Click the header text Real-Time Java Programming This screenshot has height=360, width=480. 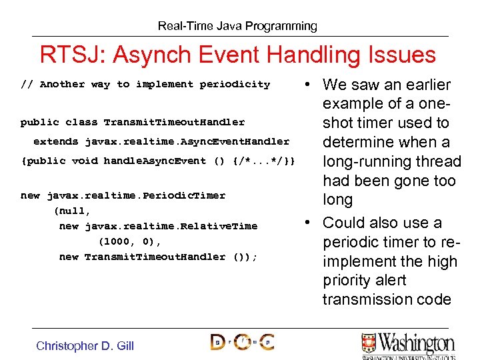237,26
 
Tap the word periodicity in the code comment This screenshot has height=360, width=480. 235,85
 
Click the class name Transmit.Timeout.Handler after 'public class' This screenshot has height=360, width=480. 174,123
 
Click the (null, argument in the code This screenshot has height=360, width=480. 71,211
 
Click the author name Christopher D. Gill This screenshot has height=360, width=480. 85,345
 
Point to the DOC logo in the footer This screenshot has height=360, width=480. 242,343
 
